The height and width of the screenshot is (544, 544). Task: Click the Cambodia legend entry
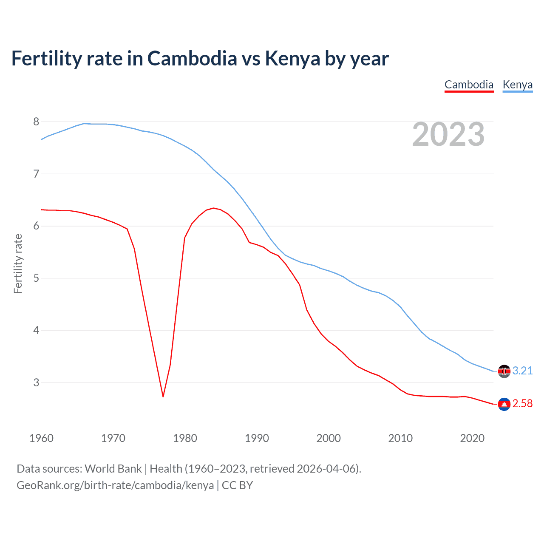469,85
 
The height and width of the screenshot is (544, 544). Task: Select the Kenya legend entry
517,85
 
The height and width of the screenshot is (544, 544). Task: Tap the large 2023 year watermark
448,134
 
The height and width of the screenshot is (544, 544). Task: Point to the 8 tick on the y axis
36,122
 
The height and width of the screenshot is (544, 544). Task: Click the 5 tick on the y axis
36,278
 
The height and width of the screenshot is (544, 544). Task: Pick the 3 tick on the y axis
36,382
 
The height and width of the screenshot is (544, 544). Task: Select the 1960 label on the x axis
41,438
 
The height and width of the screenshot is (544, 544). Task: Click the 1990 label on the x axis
257,438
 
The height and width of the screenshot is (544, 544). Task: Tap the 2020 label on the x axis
472,438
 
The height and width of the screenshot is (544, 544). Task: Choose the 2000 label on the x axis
329,438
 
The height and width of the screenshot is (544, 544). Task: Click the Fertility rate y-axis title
18,263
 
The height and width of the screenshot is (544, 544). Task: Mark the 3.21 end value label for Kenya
522,371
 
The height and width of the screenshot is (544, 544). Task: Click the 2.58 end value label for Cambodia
522,403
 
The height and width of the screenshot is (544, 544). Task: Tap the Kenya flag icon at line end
504,371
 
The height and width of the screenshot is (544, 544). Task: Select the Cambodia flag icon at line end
504,404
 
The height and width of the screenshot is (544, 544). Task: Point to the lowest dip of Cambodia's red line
163,397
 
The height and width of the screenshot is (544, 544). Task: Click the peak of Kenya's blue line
84,123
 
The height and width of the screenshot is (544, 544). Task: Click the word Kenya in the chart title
292,58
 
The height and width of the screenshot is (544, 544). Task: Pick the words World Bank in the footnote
113,469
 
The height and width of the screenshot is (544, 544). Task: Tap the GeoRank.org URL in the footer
115,485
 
